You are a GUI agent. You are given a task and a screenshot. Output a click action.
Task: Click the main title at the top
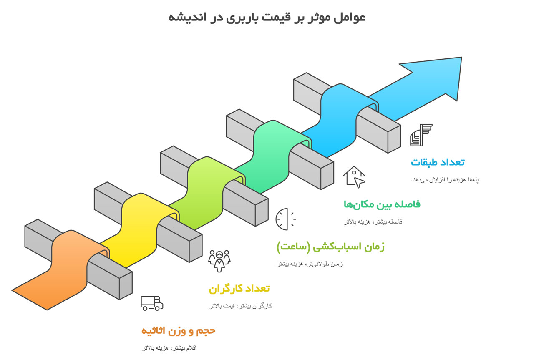click(267, 18)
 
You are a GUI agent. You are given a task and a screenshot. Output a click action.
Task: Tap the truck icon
click(151, 303)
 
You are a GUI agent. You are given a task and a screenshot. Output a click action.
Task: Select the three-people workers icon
click(219, 260)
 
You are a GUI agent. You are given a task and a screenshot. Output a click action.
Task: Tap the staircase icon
click(421, 135)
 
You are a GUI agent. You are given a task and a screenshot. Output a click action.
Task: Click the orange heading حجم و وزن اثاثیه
click(178, 331)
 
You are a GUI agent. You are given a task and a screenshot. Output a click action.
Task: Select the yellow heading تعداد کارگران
click(239, 289)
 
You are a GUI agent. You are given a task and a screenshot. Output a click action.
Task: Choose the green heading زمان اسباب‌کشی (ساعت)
click(330, 247)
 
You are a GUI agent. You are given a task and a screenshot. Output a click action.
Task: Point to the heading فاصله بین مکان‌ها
click(382, 204)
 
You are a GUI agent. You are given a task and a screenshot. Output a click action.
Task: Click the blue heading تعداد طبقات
click(438, 162)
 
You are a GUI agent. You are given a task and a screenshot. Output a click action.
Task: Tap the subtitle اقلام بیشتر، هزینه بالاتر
click(169, 348)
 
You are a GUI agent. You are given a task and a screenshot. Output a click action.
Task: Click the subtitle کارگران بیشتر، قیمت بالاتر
click(241, 306)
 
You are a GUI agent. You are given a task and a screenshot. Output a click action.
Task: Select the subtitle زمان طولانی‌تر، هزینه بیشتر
click(310, 264)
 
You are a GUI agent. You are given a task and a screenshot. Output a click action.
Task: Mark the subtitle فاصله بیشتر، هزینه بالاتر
click(373, 222)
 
